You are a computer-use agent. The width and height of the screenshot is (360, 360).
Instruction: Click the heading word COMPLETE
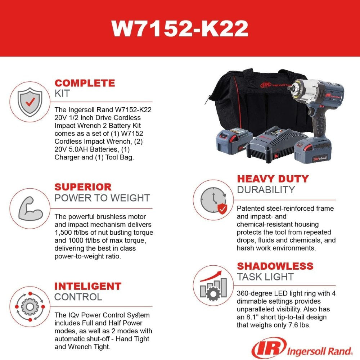[85, 83]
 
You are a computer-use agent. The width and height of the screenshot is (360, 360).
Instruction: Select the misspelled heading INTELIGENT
[88, 287]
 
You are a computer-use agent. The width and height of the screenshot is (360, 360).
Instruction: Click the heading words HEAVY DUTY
[273, 179]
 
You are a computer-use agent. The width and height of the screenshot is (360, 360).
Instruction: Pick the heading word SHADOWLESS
[275, 266]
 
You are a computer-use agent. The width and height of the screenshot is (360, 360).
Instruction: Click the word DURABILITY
[266, 190]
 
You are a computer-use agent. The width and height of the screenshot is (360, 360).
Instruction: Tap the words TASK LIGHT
[265, 277]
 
